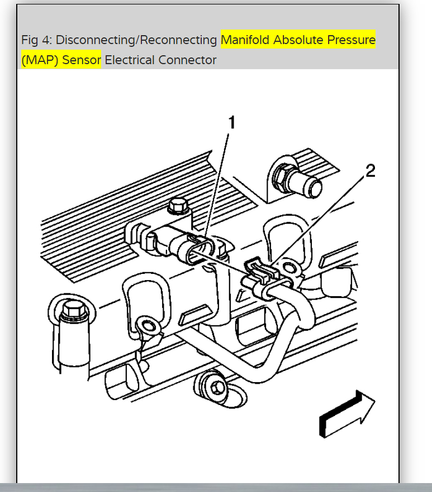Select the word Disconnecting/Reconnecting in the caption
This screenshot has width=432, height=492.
click(x=136, y=40)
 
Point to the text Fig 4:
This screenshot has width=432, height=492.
click(x=37, y=40)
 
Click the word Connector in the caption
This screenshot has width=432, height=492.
click(x=187, y=60)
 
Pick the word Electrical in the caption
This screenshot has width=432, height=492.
click(x=130, y=60)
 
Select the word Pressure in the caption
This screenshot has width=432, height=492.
click(x=352, y=40)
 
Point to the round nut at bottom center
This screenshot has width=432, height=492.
click(x=214, y=384)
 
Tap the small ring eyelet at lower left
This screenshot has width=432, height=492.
click(x=148, y=326)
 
